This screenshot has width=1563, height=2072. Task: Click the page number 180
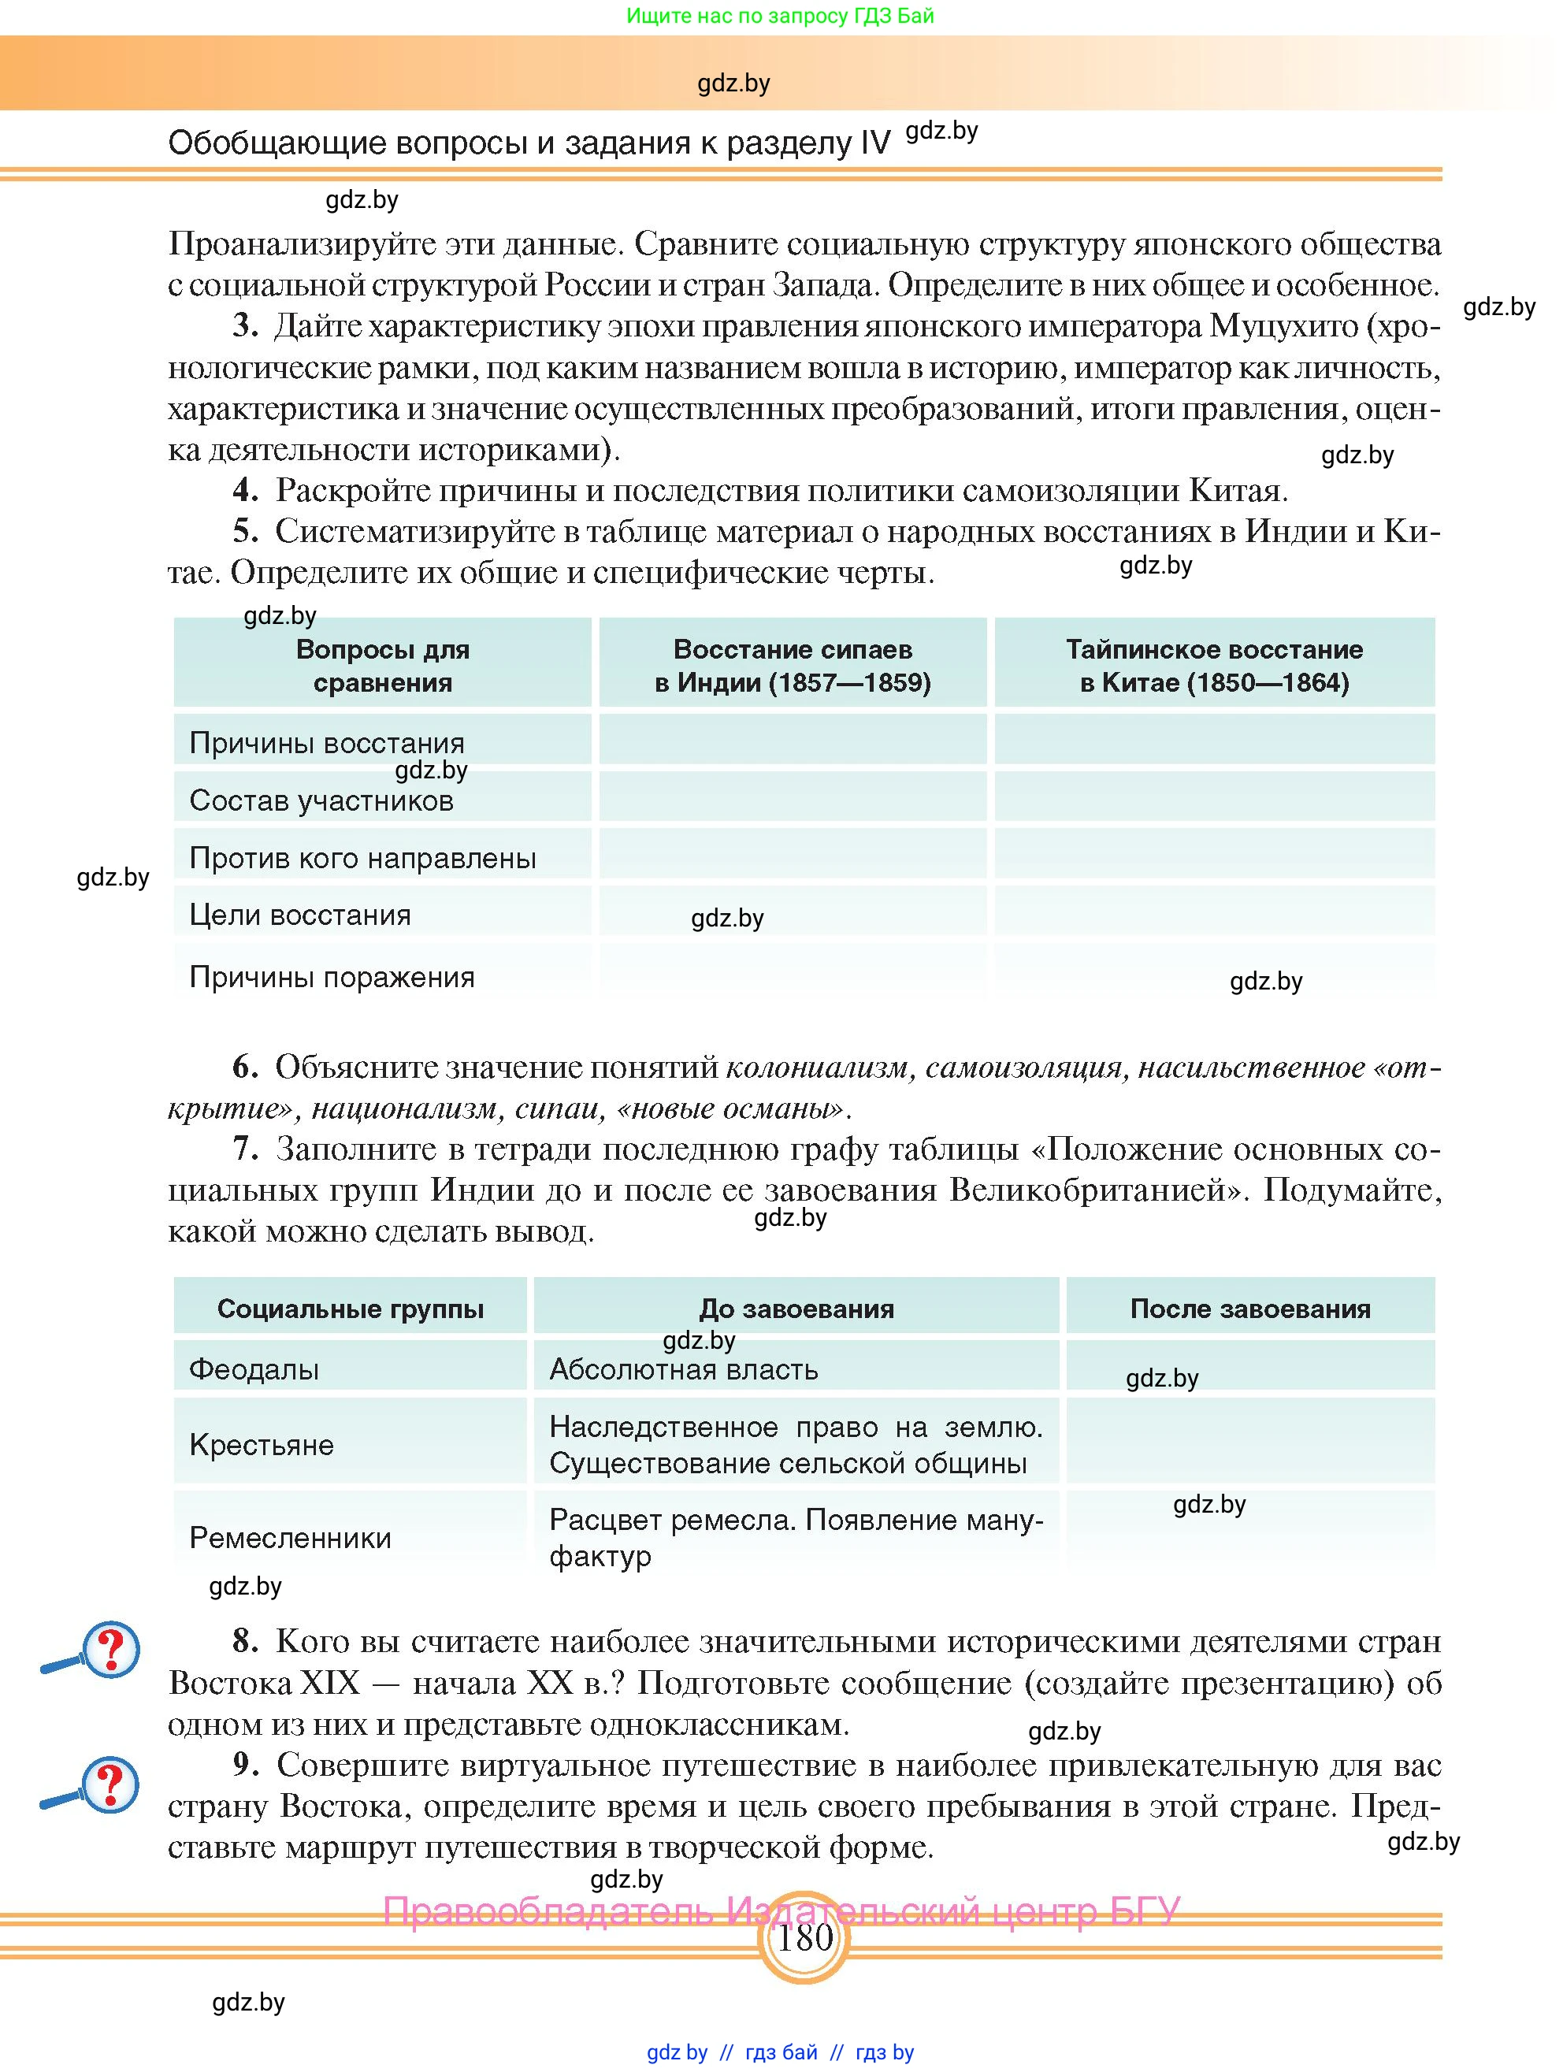804,1935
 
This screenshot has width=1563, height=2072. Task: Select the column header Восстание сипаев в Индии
793,665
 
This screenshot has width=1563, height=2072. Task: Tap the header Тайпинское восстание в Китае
1214,665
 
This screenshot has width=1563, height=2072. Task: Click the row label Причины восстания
327,743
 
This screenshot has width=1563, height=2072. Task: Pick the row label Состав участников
321,801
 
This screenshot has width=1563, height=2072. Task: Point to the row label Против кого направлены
362,858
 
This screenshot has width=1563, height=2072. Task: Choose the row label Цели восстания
299,915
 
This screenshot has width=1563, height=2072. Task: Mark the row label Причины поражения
332,977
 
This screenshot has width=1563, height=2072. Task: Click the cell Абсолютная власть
684,1369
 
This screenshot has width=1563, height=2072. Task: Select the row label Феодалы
254,1369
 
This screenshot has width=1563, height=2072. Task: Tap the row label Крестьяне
262,1444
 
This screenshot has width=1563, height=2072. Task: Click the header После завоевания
1249,1309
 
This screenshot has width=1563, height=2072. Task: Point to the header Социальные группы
351,1309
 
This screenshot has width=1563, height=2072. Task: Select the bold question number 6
244,1067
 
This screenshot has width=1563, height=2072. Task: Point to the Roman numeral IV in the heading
874,143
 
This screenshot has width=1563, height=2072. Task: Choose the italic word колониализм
818,1067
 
